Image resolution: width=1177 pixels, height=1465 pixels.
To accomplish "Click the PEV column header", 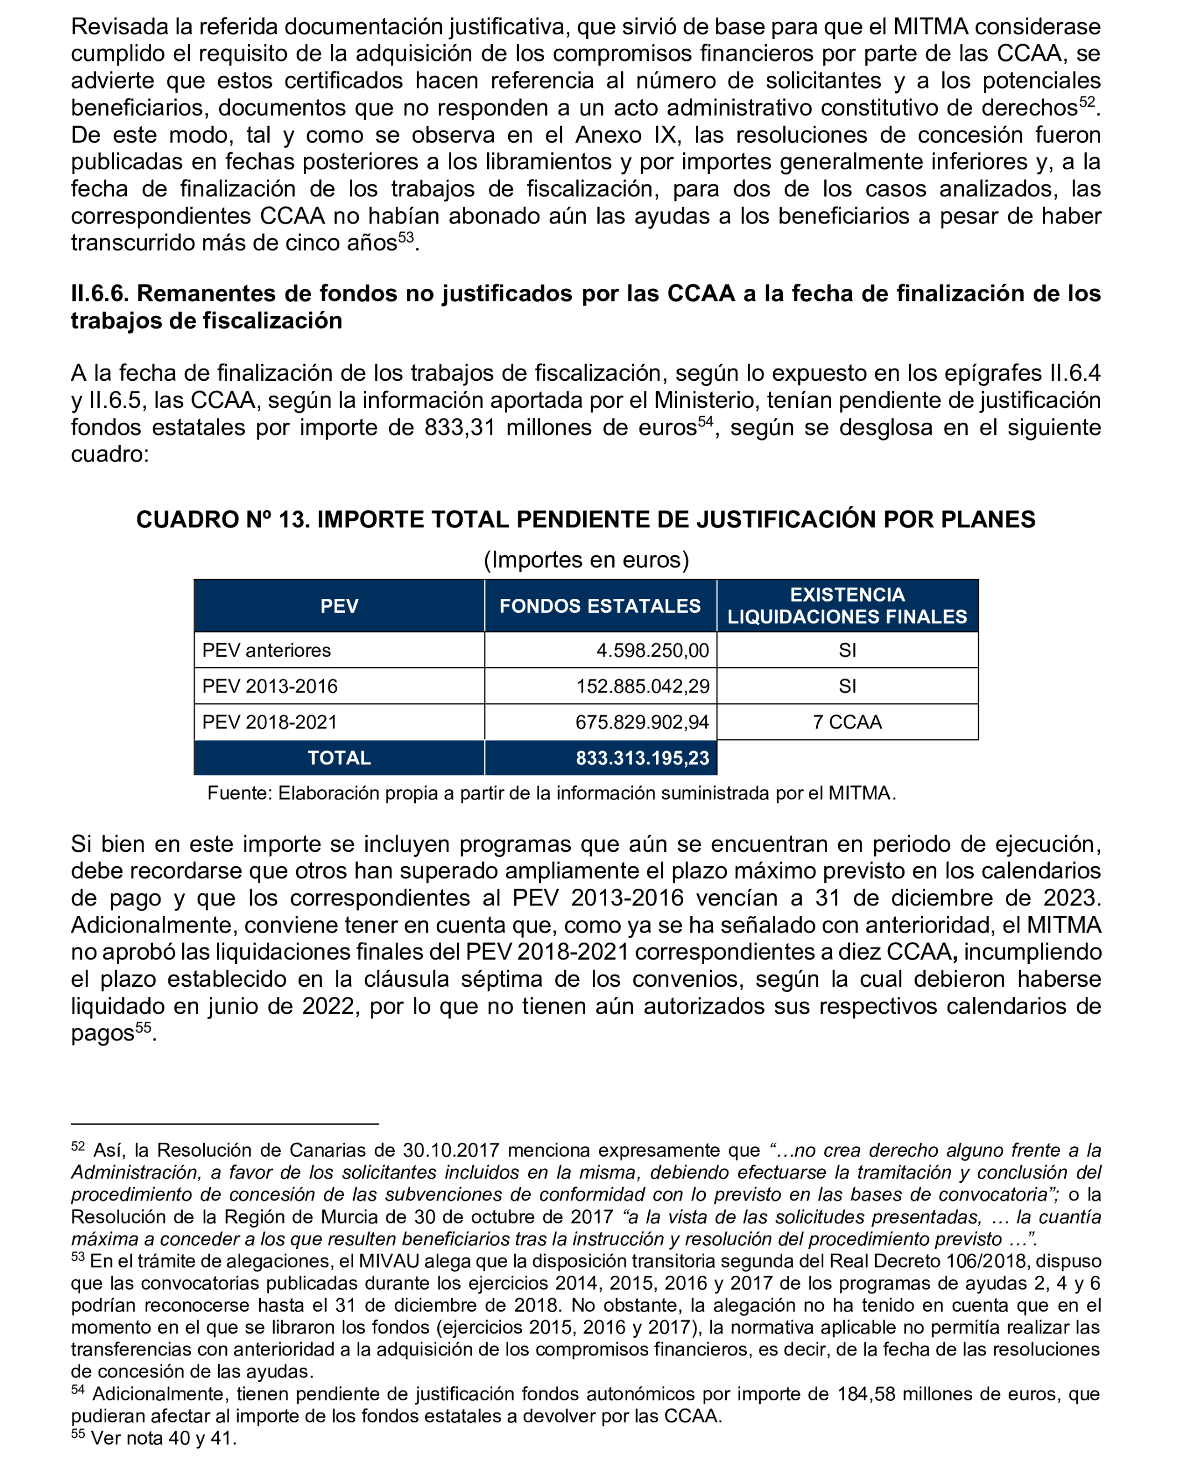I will tap(339, 605).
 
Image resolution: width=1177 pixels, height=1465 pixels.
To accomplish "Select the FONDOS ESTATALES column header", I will tap(600, 605).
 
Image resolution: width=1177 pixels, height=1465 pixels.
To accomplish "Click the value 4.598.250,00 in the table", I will tap(652, 650).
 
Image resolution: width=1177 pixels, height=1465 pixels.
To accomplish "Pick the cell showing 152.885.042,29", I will tap(643, 686).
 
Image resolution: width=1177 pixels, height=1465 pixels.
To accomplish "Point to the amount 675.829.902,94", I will tap(642, 722).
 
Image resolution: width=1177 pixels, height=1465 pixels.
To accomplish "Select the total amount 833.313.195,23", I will tap(642, 758).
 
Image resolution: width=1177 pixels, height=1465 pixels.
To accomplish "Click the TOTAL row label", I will tap(339, 758).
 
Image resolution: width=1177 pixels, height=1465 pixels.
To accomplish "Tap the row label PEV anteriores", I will tap(266, 650).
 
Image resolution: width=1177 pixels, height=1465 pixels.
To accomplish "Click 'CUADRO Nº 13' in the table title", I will tap(220, 519).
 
